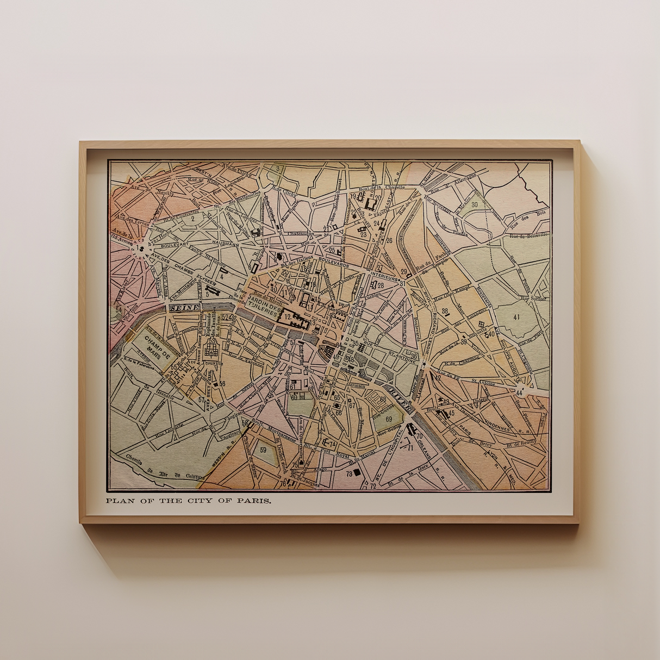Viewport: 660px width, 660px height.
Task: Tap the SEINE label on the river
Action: coord(184,308)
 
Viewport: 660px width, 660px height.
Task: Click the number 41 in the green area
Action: coord(516,317)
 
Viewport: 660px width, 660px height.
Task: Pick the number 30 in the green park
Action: coord(475,204)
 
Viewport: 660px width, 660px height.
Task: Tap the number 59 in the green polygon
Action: coord(264,450)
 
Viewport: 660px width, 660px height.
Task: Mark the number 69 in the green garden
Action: coord(388,419)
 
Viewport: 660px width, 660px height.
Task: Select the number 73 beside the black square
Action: coord(349,473)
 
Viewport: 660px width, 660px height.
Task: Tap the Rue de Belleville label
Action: coord(528,235)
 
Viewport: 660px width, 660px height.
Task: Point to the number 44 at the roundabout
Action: coord(520,392)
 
